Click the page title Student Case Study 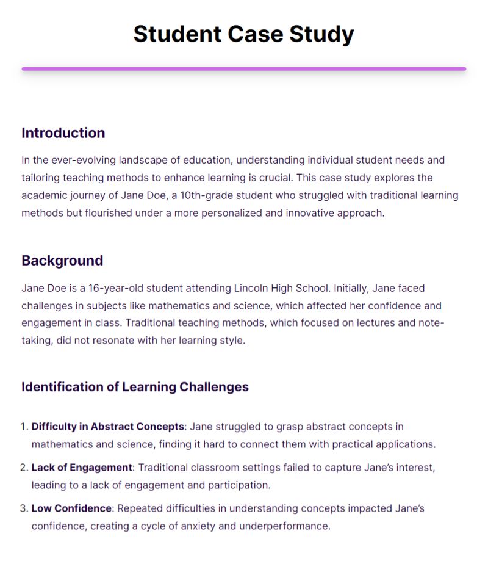click(x=243, y=34)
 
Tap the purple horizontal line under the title click(x=243, y=69)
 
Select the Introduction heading click(x=63, y=133)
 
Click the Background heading click(x=62, y=261)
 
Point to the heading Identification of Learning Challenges click(x=135, y=387)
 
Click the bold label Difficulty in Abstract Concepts click(x=107, y=427)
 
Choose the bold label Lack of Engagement click(x=82, y=468)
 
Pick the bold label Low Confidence click(x=71, y=508)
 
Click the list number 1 click(x=24, y=427)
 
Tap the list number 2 click(x=24, y=468)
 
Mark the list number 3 click(x=24, y=508)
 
